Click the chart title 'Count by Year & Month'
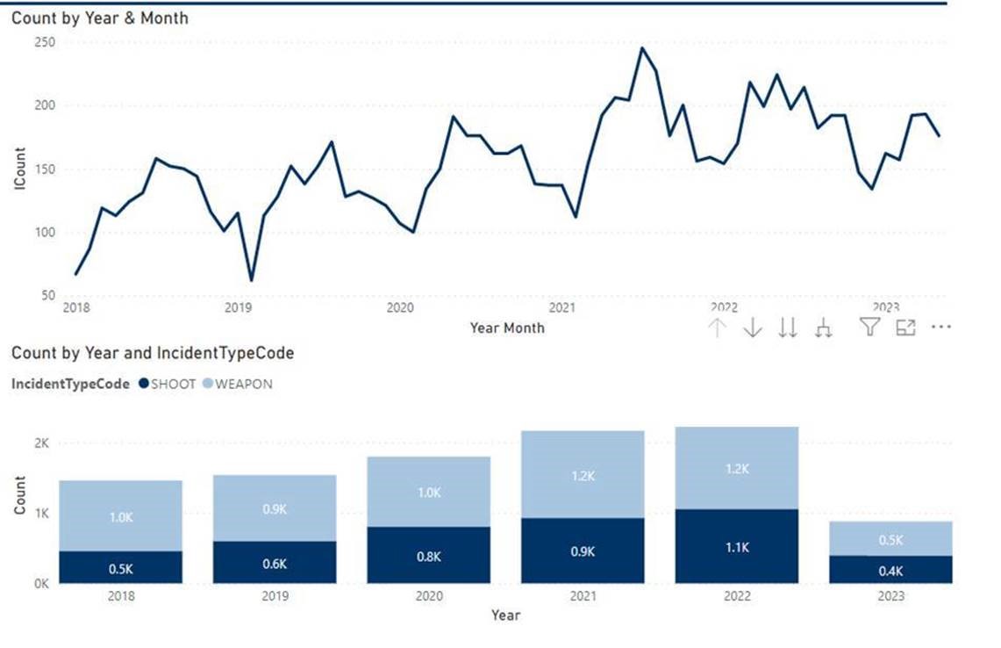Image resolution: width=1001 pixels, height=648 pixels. pos(99,18)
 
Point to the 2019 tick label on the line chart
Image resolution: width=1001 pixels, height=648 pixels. pos(239,307)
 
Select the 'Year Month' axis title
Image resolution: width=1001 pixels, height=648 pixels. pos(507,328)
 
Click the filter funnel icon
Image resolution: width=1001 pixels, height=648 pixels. pos(869,328)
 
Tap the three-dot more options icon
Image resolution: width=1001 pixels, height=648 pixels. pos(941,327)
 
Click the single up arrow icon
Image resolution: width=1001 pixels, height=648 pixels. pos(718,328)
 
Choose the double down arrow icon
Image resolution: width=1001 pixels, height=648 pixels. pos(789,328)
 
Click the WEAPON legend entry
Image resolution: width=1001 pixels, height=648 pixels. pos(238,384)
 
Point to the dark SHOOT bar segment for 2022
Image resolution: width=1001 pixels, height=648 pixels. pos(737,546)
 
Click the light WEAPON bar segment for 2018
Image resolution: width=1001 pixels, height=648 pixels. pos(121,516)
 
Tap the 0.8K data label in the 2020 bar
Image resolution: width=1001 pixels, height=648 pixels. pos(429,555)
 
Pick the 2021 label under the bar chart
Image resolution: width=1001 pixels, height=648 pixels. pos(583,595)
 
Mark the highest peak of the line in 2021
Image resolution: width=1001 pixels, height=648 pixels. pos(641,48)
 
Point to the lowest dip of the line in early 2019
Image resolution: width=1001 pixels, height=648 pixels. pos(252,280)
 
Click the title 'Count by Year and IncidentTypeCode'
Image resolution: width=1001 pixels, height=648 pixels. pos(153,353)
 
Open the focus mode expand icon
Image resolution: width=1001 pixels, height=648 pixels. pos(905,328)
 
